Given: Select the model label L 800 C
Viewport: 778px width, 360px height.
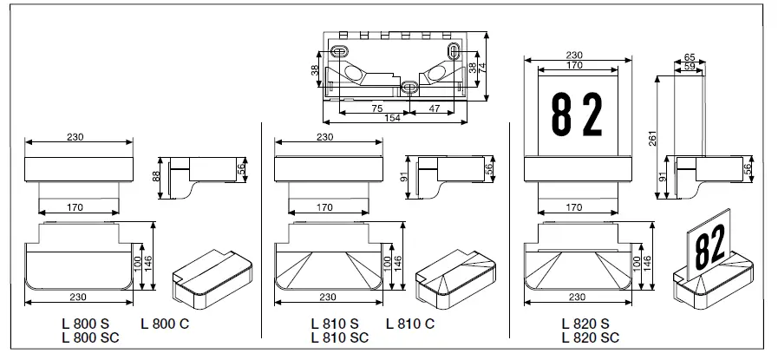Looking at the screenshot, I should tap(165, 324).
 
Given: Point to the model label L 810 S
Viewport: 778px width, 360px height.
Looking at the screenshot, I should tap(335, 324).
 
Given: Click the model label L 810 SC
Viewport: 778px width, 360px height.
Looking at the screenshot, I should tap(338, 338).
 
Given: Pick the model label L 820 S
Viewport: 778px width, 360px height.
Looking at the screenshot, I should tap(585, 324).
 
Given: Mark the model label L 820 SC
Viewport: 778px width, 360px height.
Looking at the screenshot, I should tap(590, 338).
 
